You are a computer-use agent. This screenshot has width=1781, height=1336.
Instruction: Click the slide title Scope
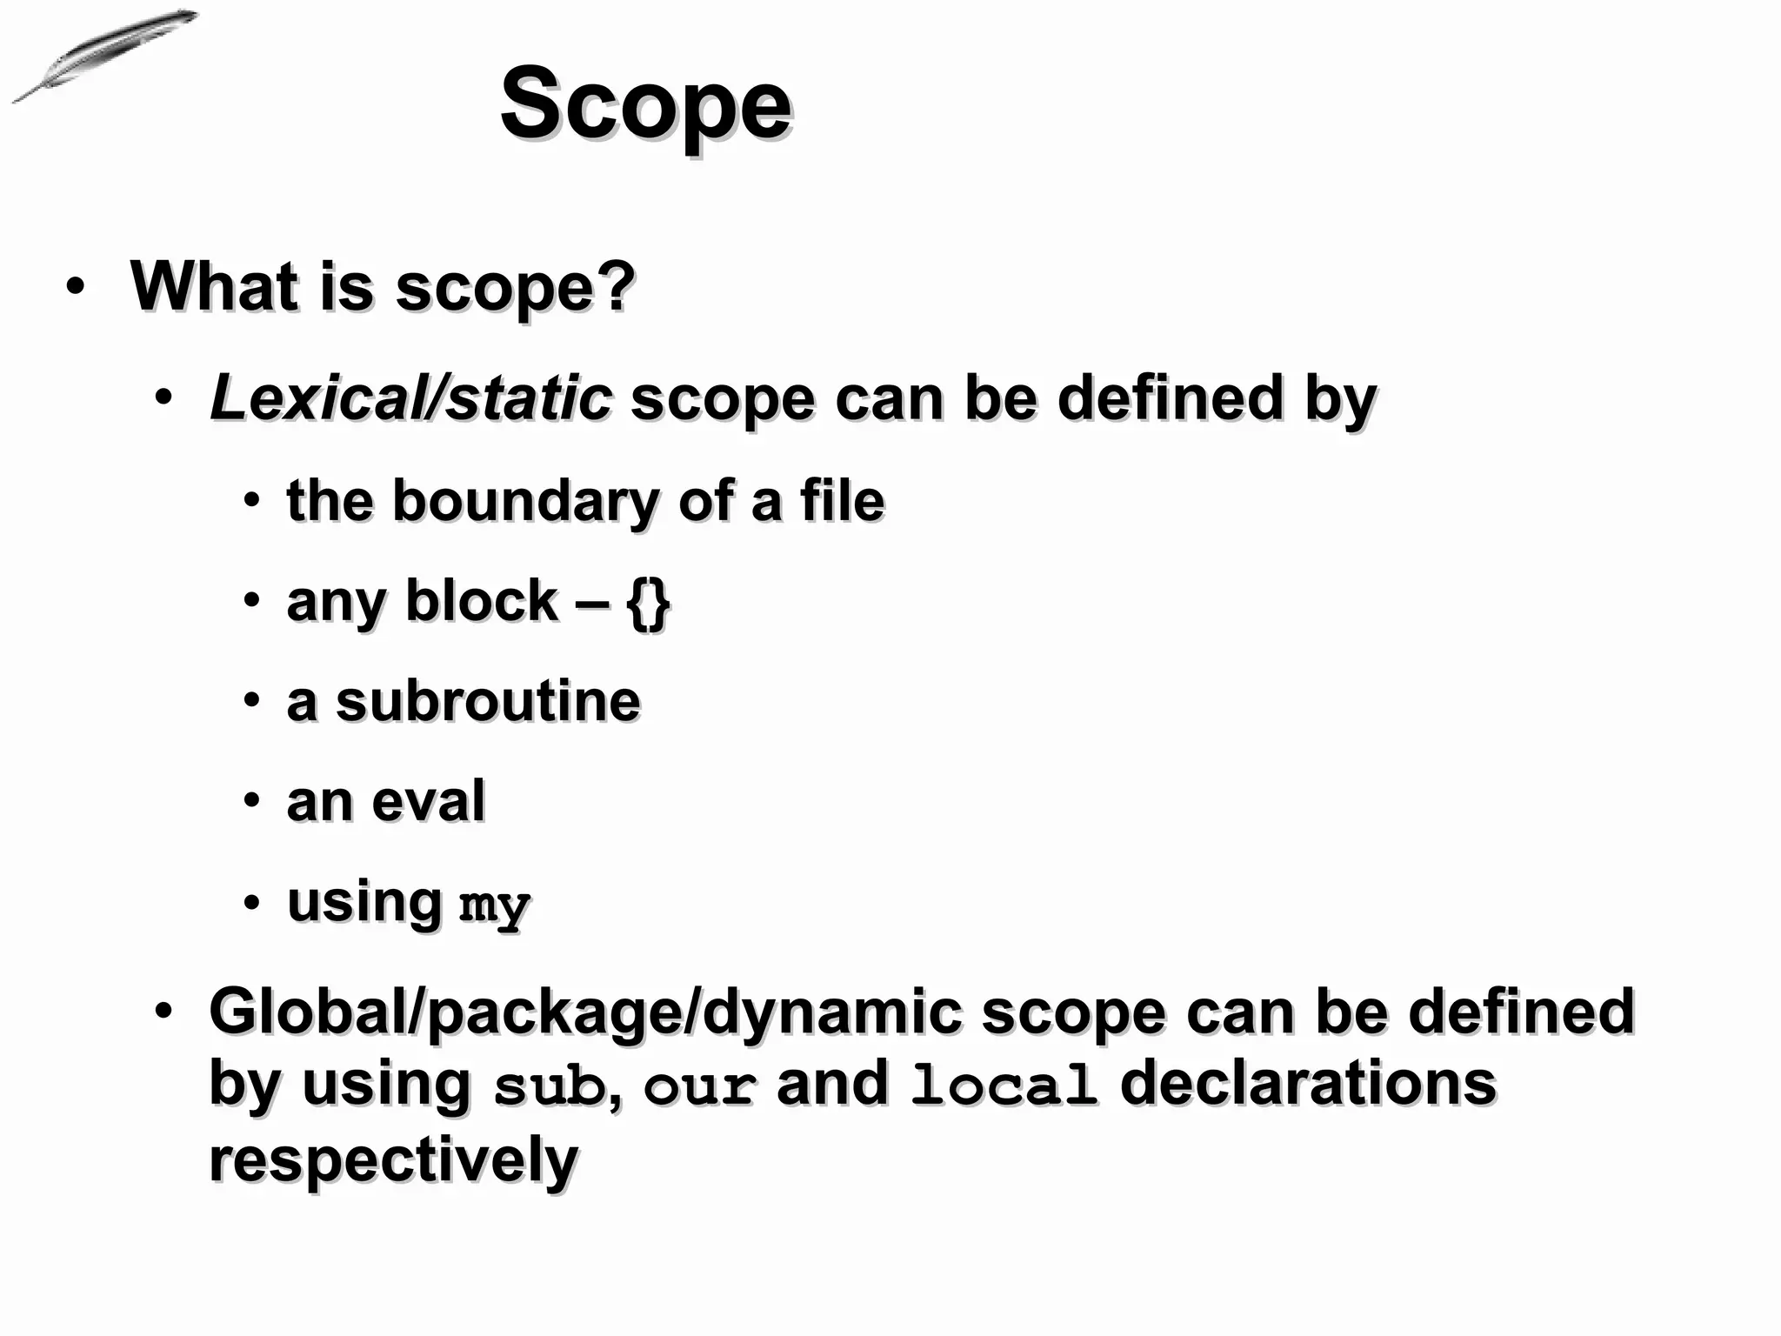pyautogui.click(x=645, y=106)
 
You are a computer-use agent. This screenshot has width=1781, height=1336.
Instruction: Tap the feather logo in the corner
pyautogui.click(x=103, y=54)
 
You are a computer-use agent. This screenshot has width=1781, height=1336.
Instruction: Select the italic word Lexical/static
pyautogui.click(x=410, y=398)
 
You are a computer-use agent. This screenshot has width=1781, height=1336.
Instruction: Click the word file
pyautogui.click(x=841, y=502)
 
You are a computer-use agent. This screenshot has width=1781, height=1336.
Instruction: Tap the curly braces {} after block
pyautogui.click(x=648, y=604)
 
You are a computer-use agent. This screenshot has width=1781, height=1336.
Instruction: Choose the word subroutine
pyautogui.click(x=488, y=701)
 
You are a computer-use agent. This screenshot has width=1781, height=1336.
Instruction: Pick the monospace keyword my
pyautogui.click(x=494, y=906)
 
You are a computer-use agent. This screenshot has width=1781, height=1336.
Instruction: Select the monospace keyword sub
pyautogui.click(x=549, y=1087)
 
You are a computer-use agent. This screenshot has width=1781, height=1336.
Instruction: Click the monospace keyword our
pyautogui.click(x=699, y=1087)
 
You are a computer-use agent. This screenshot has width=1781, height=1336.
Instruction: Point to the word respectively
pyautogui.click(x=393, y=1159)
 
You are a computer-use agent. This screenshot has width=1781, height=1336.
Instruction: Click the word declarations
pyautogui.click(x=1307, y=1084)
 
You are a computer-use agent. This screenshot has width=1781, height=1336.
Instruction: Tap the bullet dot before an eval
pyautogui.click(x=251, y=801)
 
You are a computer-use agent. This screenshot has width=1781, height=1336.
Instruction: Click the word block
pyautogui.click(x=481, y=601)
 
